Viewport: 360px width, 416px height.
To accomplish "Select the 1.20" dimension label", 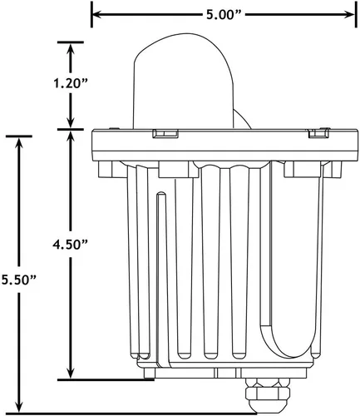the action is [71, 83].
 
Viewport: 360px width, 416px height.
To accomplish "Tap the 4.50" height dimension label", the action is [71, 245].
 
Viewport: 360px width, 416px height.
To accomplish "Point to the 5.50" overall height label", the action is [19, 280].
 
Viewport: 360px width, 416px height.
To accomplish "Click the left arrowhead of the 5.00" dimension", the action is [96, 14].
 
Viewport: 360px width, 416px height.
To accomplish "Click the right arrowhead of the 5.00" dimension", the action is [350, 14].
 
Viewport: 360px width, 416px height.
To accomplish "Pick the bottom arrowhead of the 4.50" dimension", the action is [71, 374].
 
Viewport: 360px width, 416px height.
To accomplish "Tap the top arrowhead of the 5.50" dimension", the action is [19, 142].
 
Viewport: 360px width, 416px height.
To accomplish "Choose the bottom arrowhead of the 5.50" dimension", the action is [19, 408].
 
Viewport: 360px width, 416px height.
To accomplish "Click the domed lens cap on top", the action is [183, 82].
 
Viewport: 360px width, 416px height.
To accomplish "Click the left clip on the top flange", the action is [165, 133].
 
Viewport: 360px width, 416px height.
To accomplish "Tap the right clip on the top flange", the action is [319, 133].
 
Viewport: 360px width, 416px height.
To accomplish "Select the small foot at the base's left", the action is [150, 373].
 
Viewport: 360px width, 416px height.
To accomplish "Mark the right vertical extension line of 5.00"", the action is [356, 14].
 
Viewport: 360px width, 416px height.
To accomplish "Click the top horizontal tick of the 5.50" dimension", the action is [19, 136].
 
